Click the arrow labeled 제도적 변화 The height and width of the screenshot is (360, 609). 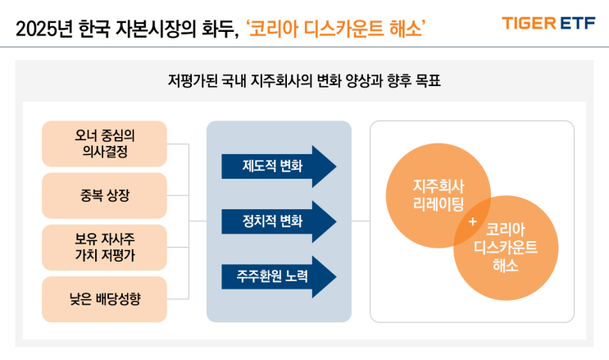pyautogui.click(x=278, y=166)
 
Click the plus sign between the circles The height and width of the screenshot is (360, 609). pyautogui.click(x=471, y=221)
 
